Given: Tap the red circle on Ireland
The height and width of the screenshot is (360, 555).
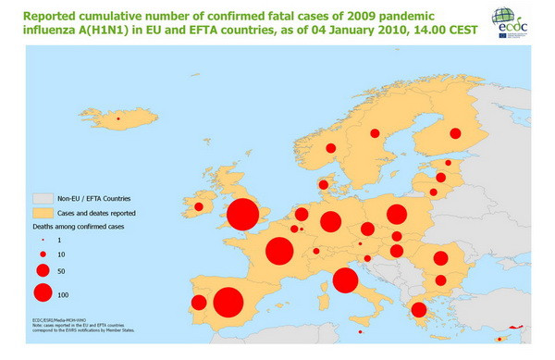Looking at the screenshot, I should pos(199,206).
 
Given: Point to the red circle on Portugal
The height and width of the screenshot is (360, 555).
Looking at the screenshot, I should pos(198,303).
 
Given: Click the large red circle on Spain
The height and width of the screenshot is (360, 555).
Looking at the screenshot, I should pos(228,303).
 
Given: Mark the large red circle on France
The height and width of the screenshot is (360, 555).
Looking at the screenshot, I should pos(279,251).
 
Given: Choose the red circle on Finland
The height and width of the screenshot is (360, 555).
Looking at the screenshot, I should pos(455,134).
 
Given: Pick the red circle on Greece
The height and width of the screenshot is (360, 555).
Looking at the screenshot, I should pos(418,310).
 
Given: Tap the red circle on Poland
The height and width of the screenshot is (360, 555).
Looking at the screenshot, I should pos(397,215).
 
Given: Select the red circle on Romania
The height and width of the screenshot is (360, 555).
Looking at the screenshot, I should pos(441,258).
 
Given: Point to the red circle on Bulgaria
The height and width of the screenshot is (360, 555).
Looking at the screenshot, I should pos(441,280).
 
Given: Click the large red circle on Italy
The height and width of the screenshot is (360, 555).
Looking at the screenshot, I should pos(345,280).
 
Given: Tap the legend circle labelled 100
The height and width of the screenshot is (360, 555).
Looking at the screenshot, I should pos(43,293).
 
